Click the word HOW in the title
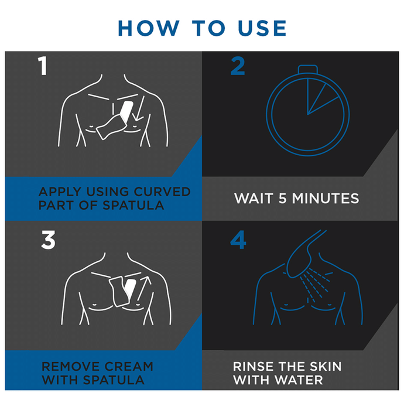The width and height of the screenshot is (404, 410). click(149, 28)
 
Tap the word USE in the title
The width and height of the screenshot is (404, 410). click(262, 28)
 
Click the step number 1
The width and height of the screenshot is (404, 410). click(43, 66)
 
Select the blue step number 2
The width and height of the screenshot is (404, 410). click(238, 66)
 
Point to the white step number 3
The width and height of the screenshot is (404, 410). click(49, 240)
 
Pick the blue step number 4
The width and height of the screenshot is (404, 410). click(238, 240)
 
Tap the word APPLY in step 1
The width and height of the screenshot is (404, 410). click(60, 192)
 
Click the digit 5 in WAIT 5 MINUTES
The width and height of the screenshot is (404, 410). click(282, 198)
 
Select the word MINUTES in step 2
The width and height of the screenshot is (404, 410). click(326, 198)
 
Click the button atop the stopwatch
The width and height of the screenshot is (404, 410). click(308, 69)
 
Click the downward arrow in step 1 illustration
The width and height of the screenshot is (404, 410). click(139, 108)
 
